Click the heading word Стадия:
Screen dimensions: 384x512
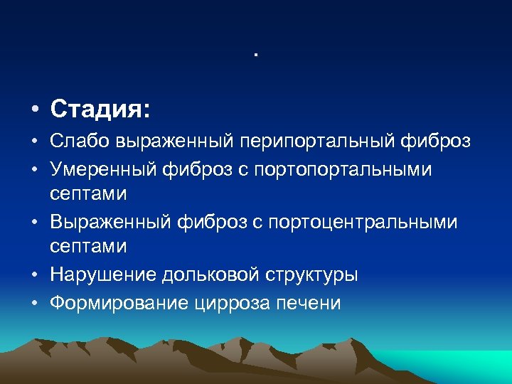pyautogui.click(x=100, y=110)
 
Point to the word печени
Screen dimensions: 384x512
pyautogui.click(x=313, y=304)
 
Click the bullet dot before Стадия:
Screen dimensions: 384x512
pyautogui.click(x=33, y=111)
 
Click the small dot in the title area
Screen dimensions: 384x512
pyautogui.click(x=255, y=55)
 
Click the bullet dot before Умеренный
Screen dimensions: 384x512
pyautogui.click(x=33, y=169)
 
